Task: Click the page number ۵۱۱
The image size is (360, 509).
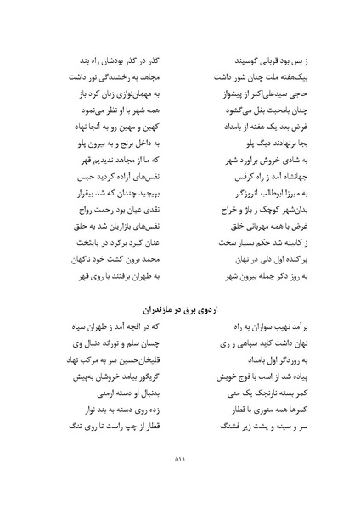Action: pyautogui.click(x=180, y=484)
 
